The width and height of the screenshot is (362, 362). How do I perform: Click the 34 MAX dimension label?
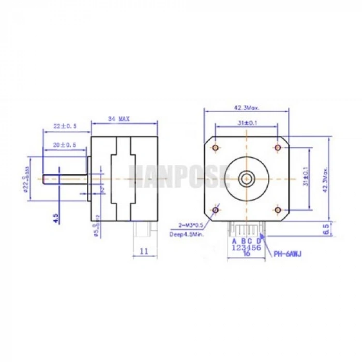pos(118,119)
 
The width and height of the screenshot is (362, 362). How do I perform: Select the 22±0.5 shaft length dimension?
pos(65,126)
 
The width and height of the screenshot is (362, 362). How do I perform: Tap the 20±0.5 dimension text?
pos(65,145)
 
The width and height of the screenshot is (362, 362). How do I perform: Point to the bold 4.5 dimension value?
pos(56,217)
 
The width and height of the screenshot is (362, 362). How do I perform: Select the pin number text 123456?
pos(246,247)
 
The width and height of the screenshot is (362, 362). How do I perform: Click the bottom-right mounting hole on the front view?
pos(278,210)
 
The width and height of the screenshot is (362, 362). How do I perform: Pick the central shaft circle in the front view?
pos(246,179)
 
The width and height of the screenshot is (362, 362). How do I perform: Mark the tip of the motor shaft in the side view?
pos(44,179)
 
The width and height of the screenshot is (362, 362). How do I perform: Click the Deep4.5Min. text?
pos(186,234)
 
